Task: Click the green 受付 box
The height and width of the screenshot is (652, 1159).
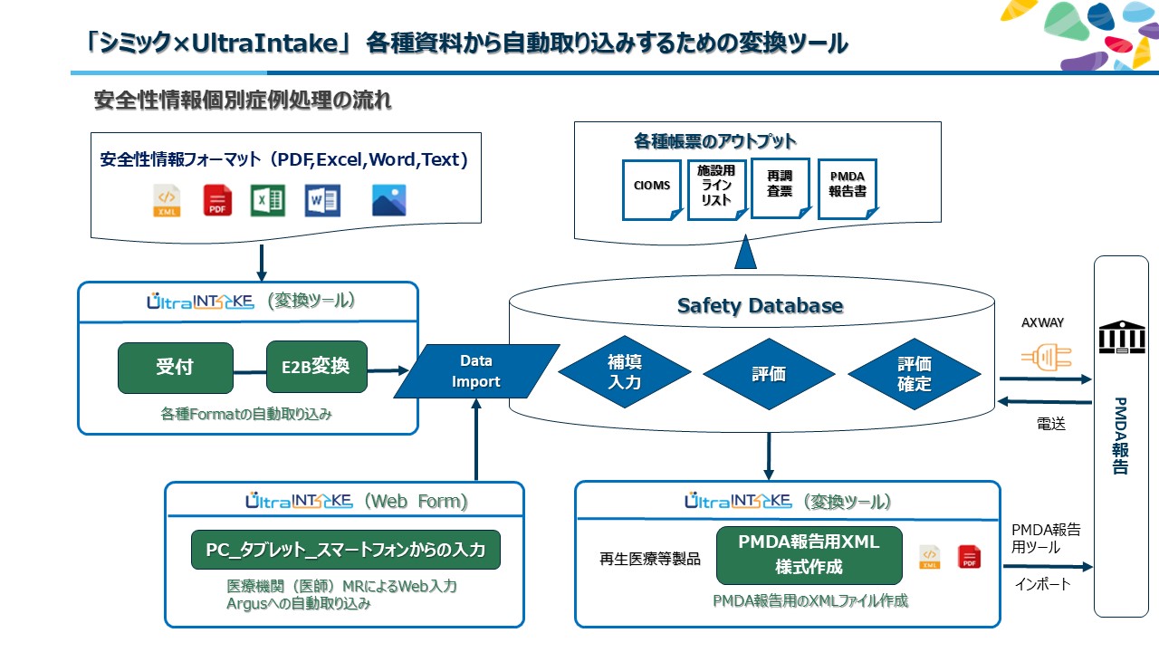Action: tap(175, 368)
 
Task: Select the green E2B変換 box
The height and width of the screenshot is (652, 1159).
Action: tap(317, 368)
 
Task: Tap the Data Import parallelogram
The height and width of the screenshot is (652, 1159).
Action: tap(476, 371)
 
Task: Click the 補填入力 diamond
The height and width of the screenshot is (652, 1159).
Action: tap(625, 372)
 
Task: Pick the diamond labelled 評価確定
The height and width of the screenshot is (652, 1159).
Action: tap(915, 373)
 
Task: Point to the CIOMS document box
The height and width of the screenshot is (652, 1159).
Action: tap(652, 187)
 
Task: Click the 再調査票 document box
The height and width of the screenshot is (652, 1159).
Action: tap(780, 185)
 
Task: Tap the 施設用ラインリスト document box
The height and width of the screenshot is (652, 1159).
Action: tap(716, 188)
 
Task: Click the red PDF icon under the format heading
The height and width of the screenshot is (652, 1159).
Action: tap(217, 200)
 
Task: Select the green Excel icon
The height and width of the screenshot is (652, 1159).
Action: tap(268, 200)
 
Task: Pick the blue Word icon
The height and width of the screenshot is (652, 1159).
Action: tap(321, 200)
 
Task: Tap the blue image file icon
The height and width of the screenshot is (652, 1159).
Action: tap(388, 200)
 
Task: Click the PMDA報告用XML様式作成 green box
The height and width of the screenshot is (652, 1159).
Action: tap(809, 555)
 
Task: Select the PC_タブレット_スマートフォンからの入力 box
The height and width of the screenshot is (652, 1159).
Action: tap(346, 550)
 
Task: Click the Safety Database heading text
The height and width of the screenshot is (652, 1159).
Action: tap(760, 306)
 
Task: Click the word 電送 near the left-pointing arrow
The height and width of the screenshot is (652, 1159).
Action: tap(1050, 423)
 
